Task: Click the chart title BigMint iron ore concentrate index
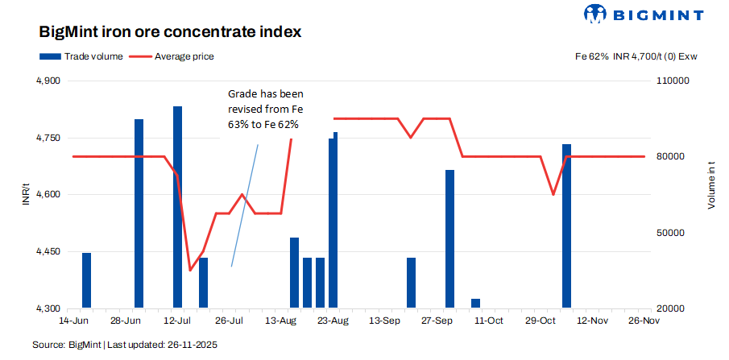click(170, 32)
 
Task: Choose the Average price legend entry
click(172, 56)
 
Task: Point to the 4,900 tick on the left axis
click(49, 81)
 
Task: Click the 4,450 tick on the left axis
click(49, 252)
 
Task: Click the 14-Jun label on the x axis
click(73, 321)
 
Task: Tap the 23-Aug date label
click(333, 321)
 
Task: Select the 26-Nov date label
click(644, 321)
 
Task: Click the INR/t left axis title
click(27, 194)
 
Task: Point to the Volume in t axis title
click(711, 186)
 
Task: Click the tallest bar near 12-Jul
click(177, 206)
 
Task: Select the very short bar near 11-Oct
click(475, 304)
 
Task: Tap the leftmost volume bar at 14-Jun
click(86, 280)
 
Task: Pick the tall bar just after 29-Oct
click(566, 226)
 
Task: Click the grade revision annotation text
click(263, 110)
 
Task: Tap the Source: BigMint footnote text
click(124, 345)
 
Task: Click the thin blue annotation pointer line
click(244, 205)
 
